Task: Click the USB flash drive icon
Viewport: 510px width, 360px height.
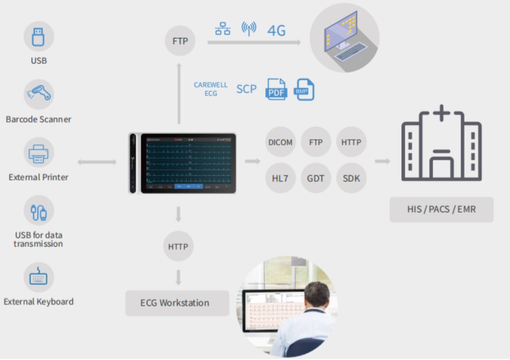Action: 39,37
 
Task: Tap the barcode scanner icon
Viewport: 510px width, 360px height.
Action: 39,94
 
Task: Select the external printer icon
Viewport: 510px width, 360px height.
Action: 39,152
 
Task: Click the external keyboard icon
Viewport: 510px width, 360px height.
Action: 38,277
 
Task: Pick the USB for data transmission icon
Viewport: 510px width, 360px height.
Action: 39,210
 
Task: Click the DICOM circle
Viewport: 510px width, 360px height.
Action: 281,142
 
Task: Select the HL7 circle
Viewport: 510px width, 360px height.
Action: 281,178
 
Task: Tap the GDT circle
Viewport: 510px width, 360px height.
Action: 316,178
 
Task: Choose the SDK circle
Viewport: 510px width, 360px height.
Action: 351,178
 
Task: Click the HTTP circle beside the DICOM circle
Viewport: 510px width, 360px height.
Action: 351,142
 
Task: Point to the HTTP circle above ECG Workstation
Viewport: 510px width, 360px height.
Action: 178,246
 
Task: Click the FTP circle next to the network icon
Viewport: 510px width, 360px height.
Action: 180,41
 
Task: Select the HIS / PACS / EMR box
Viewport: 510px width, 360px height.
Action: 441,209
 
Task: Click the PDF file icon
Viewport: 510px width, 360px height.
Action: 276,89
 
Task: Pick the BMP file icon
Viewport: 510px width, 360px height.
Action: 304,90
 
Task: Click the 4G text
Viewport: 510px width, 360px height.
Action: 276,30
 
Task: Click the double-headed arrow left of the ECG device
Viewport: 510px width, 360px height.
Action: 97,162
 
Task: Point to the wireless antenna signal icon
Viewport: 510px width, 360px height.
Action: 249,28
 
